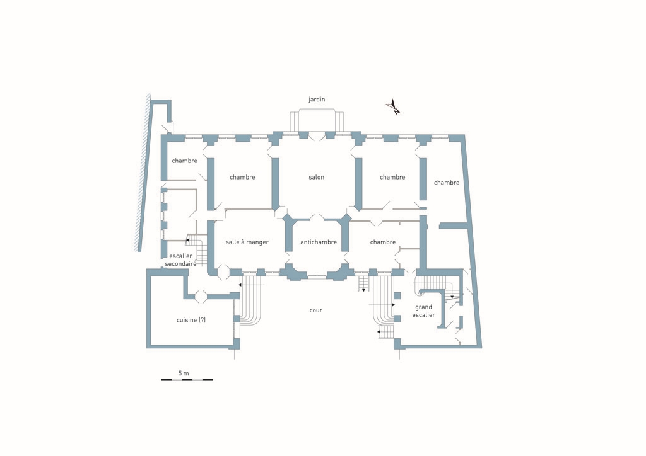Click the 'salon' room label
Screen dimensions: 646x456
(317, 177)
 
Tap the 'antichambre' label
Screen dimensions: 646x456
(319, 242)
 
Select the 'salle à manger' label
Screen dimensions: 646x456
(247, 242)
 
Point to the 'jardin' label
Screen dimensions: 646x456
(317, 100)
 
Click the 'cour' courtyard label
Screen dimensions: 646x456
(316, 311)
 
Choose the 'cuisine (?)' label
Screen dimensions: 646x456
(191, 320)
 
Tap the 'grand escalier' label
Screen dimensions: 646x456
(423, 311)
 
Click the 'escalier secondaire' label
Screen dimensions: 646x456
(180, 260)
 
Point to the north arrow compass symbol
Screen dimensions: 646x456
(394, 106)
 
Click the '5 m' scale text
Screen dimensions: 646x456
(184, 373)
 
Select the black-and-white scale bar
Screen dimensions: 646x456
(187, 380)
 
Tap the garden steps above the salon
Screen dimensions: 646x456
(317, 120)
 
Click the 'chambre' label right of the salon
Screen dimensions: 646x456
(392, 177)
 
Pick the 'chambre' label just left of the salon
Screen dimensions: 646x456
(242, 177)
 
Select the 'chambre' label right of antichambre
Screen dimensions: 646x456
(383, 242)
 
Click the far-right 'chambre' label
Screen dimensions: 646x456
(447, 183)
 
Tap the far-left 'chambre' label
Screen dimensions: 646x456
(184, 161)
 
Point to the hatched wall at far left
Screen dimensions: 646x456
(143, 173)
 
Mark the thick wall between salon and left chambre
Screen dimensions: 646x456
(276, 184)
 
